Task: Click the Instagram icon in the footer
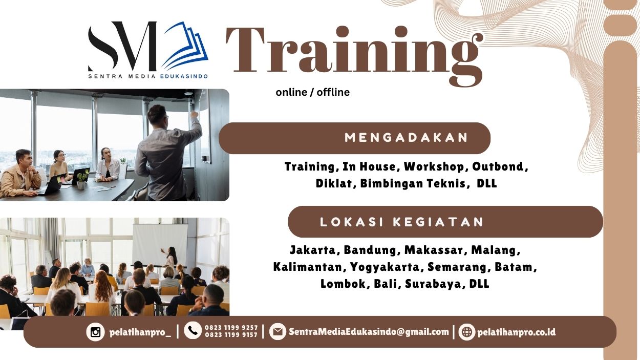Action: click(95, 332)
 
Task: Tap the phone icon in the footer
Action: click(193, 331)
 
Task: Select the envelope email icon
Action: click(278, 332)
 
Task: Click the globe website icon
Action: click(466, 332)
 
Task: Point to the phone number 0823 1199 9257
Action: click(231, 328)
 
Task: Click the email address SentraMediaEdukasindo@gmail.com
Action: click(369, 332)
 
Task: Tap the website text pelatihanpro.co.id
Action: click(516, 332)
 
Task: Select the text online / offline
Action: click(312, 92)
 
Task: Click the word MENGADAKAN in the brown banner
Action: click(407, 138)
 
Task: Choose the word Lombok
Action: click(342, 284)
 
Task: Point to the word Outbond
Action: click(499, 166)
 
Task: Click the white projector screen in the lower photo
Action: click(159, 244)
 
